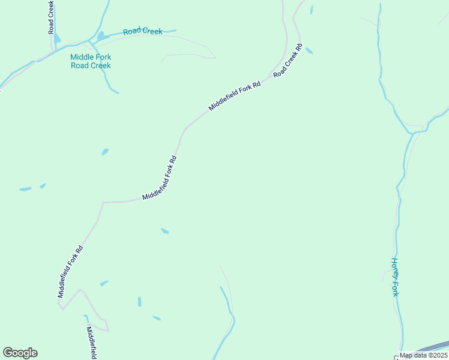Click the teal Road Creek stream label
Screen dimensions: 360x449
[143, 31]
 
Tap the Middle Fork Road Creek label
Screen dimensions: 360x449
[91, 61]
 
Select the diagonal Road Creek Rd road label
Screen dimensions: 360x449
[287, 61]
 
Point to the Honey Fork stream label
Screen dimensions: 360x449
[395, 277]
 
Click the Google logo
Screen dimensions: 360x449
[20, 353]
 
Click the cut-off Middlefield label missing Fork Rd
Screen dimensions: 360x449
[91, 343]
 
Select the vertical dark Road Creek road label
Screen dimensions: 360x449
[52, 17]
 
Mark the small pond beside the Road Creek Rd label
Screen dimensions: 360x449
[309, 51]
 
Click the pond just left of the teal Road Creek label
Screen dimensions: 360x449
[100, 36]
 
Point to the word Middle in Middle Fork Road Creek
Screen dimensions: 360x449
[82, 58]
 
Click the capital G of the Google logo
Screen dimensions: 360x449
[8, 353]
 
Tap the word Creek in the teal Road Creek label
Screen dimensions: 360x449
[152, 31]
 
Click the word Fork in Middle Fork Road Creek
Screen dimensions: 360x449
[103, 58]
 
